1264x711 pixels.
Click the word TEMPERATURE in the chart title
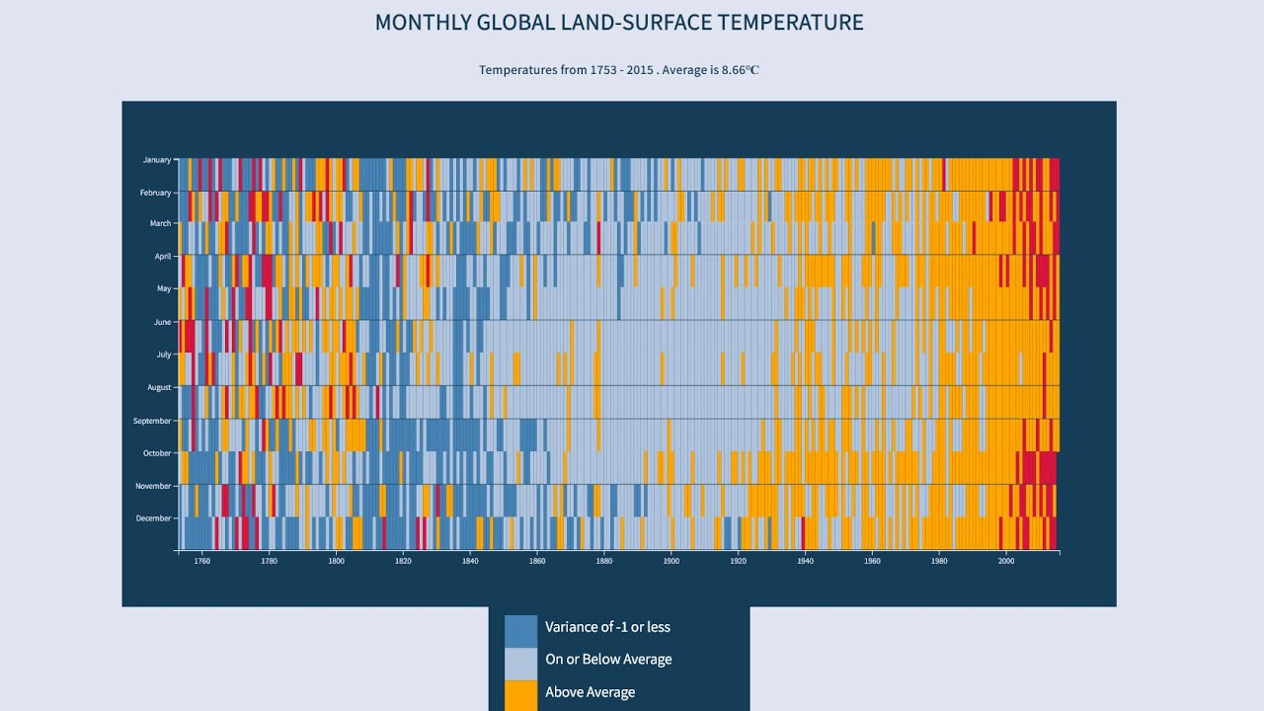(790, 22)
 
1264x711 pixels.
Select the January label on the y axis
(156, 160)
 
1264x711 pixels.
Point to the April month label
(162, 257)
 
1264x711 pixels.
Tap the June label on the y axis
(162, 322)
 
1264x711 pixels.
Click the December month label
(153, 518)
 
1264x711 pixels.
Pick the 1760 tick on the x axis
(202, 561)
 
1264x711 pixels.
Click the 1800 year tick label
(336, 561)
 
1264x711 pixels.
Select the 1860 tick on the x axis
(536, 561)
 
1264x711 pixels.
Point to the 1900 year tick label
(671, 561)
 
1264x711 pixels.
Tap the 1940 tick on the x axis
(804, 561)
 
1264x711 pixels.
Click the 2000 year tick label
(1005, 561)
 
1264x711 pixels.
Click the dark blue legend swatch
(520, 631)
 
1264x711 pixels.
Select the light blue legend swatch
(520, 664)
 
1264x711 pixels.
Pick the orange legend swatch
(520, 694)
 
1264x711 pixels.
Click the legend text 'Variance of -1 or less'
(607, 627)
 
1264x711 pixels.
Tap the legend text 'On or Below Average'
(608, 660)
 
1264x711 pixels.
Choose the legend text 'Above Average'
(590, 692)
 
